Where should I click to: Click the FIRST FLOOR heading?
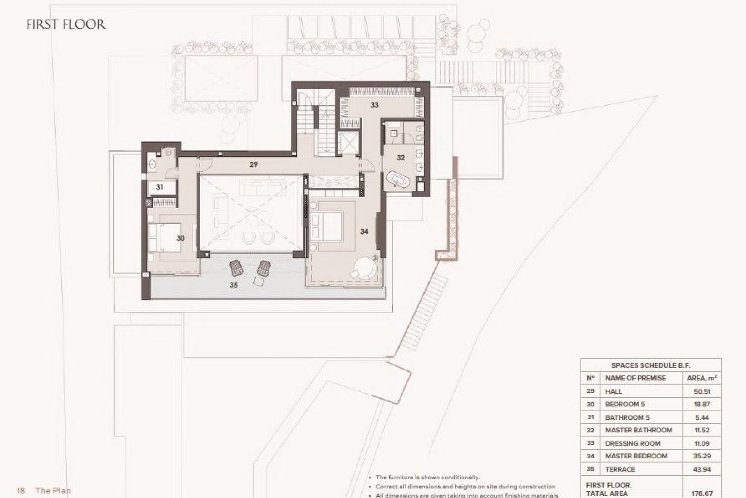pos(66,25)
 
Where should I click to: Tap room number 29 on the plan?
pos(253,165)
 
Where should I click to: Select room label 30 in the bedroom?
pos(180,238)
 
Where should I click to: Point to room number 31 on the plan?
pos(160,187)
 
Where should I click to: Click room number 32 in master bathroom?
pos(401,158)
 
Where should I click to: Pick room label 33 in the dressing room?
pos(374,105)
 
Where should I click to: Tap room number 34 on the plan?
pos(364,231)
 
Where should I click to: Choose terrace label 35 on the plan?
pos(233,285)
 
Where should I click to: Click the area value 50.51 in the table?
pos(702,391)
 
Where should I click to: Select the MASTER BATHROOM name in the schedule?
pos(638,430)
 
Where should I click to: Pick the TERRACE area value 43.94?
pos(702,469)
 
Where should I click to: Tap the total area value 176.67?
pos(702,493)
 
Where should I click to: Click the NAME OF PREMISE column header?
pos(635,378)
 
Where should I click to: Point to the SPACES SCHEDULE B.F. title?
pos(651,365)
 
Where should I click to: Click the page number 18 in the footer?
pos(21,491)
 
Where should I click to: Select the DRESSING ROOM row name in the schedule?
pos(633,443)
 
